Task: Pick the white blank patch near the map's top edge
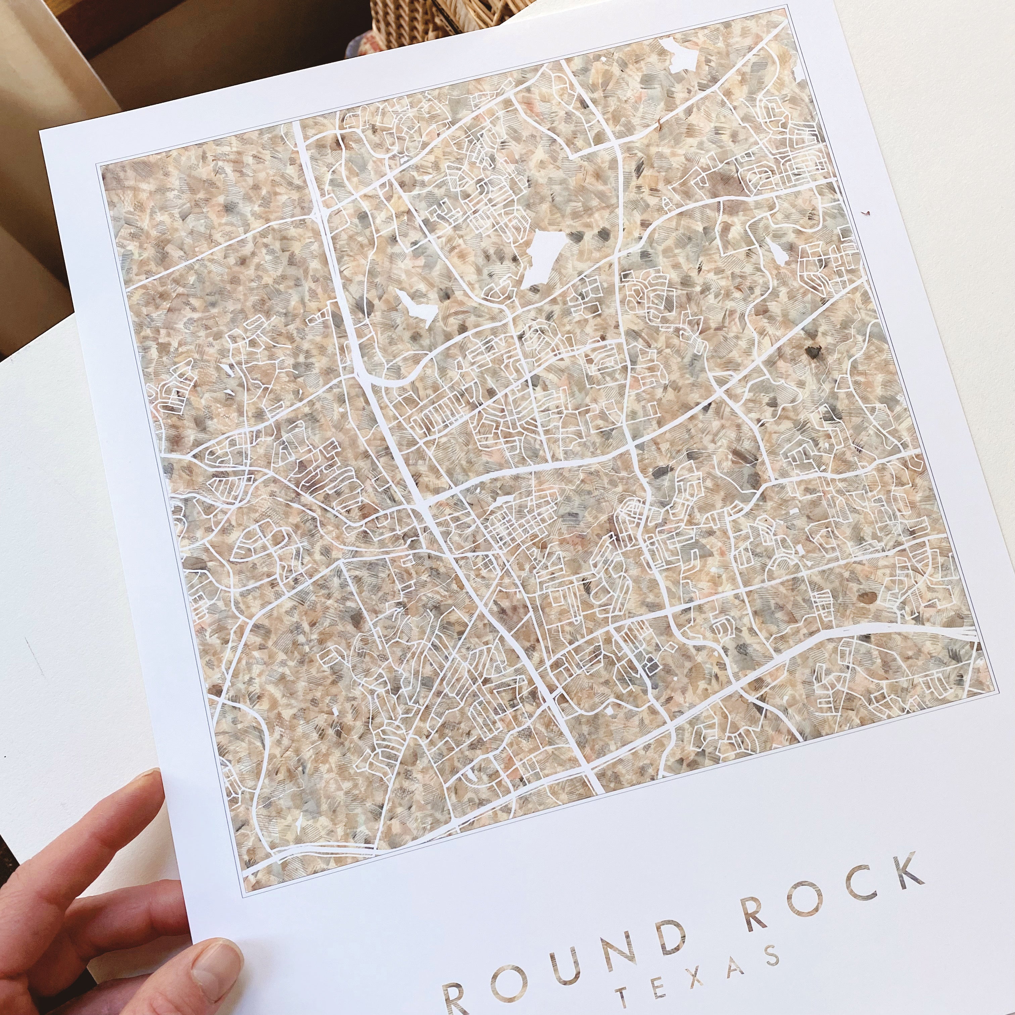(678, 53)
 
